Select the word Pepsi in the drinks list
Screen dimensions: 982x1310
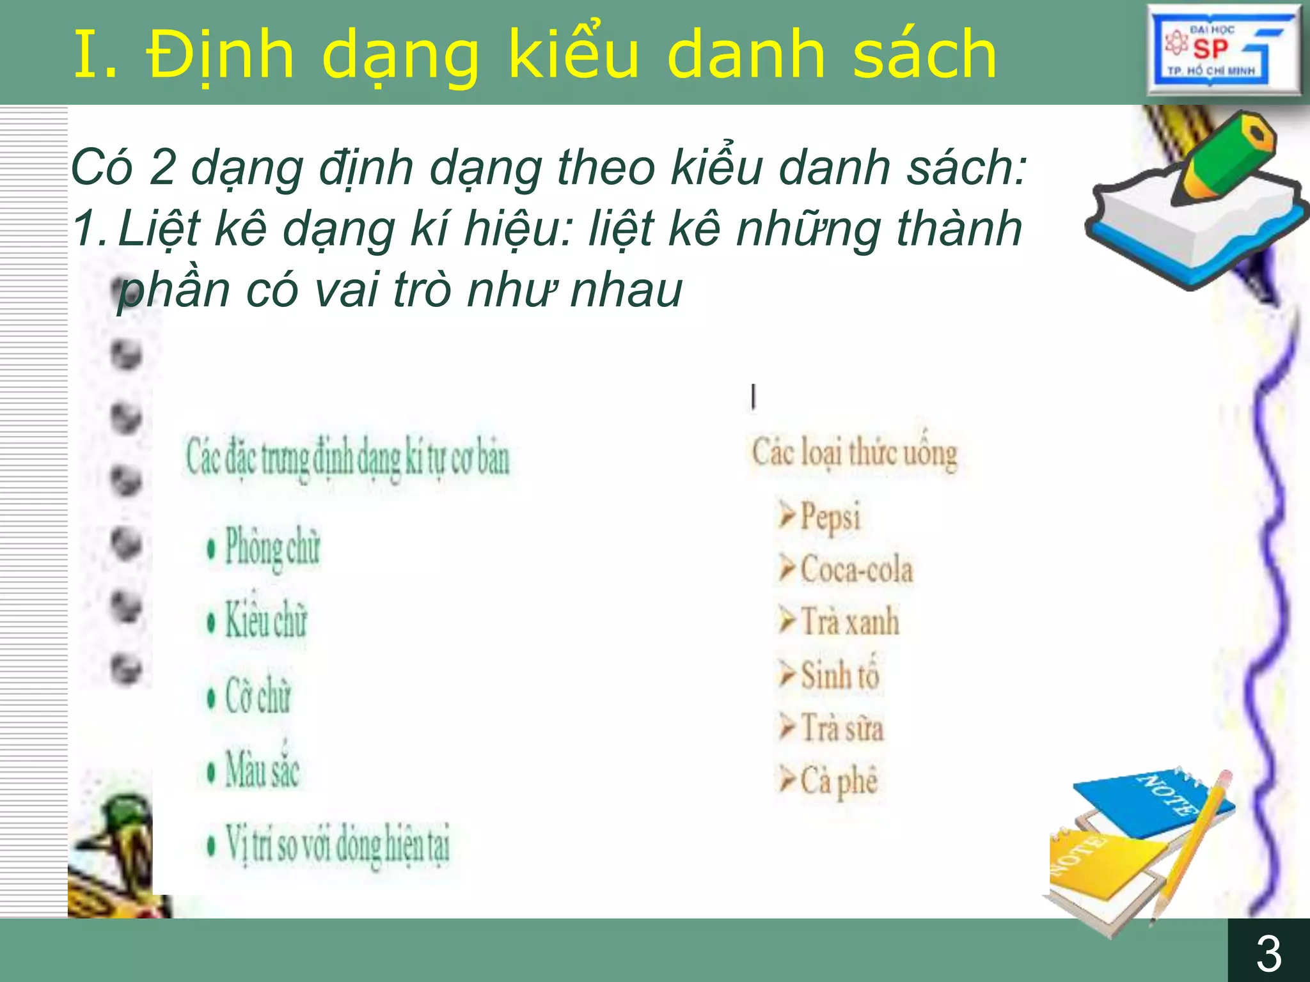click(830, 517)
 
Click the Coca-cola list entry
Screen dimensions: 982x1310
click(856, 569)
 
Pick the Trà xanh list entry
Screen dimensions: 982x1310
click(849, 621)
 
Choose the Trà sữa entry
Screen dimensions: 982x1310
click(842, 728)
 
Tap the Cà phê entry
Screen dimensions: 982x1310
click(838, 780)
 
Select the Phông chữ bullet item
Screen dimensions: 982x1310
click(272, 548)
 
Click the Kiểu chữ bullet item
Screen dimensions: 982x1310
click(265, 620)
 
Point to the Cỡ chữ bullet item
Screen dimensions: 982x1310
click(257, 695)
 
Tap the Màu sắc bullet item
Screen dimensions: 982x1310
click(262, 770)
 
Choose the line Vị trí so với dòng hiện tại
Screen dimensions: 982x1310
click(337, 844)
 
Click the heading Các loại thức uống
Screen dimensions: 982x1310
click(854, 453)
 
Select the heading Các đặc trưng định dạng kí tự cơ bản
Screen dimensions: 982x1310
click(347, 458)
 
